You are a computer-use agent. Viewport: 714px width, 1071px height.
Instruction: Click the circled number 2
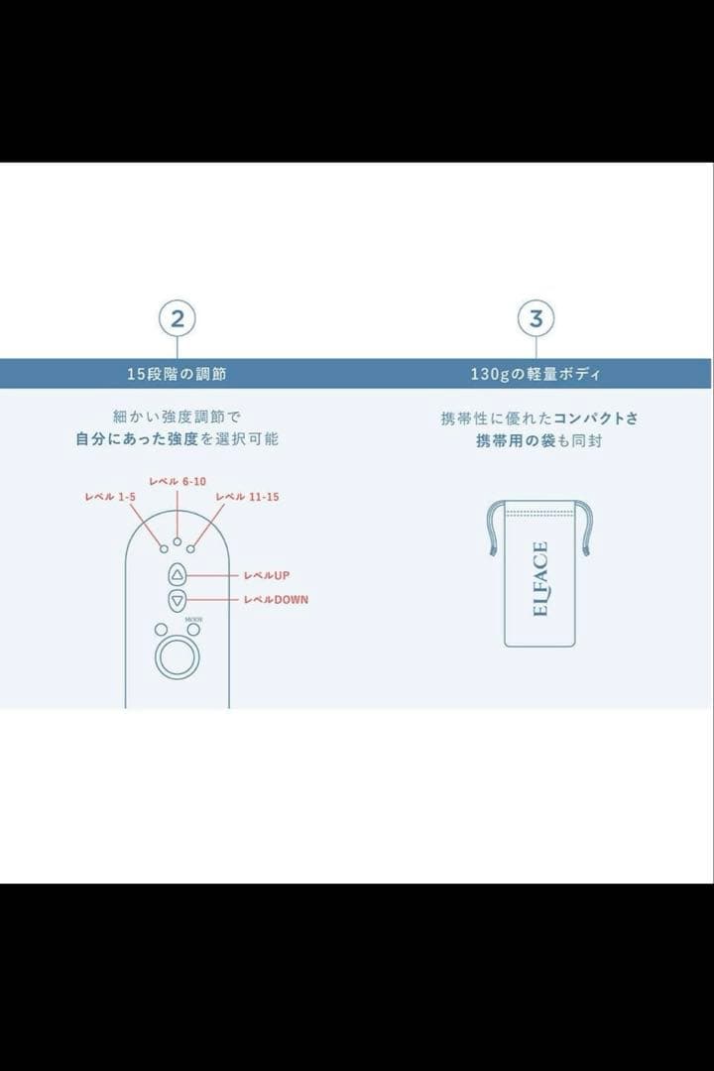pos(178,319)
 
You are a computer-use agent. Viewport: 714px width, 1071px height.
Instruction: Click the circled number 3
pos(536,319)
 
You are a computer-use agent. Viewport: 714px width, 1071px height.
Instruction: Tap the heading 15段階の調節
pos(177,374)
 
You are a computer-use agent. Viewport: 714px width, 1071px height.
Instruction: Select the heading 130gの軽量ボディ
pos(535,374)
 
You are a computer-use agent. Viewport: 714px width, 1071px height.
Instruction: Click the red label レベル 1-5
pos(111,497)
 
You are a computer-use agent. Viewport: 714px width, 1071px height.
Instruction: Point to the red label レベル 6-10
pos(178,481)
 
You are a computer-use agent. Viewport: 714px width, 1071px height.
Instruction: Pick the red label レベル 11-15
pos(247,497)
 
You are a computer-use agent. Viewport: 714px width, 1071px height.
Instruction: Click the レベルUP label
pos(266,575)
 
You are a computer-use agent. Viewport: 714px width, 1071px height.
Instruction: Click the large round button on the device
pos(178,657)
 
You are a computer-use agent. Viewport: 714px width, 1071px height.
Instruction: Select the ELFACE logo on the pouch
pos(540,578)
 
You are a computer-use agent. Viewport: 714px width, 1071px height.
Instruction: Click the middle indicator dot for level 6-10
pos(178,541)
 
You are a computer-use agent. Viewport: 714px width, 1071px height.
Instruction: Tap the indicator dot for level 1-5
pos(164,548)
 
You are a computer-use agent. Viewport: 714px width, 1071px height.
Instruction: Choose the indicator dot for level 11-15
pos(190,548)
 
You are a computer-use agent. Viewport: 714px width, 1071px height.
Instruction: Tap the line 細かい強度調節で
pos(177,416)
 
